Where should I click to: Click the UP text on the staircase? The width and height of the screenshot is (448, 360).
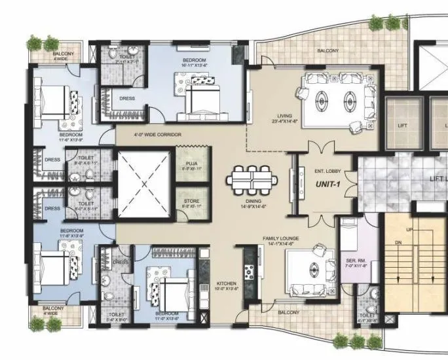click(410, 230)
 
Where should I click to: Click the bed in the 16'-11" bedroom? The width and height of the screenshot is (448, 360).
click(203, 98)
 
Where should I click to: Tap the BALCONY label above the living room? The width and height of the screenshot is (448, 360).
click(327, 50)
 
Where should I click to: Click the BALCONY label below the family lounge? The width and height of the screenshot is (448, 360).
click(289, 313)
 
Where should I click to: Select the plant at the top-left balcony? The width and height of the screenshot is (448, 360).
click(35, 44)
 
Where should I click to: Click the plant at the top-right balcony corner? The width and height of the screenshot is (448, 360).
click(376, 23)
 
